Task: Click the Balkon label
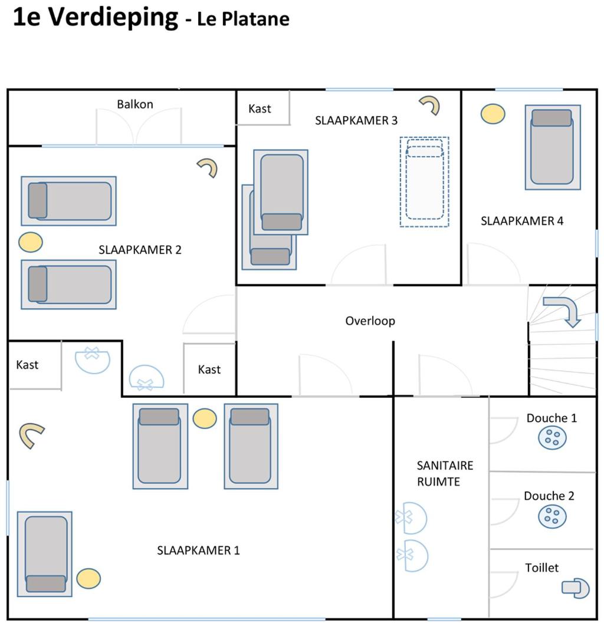tap(135, 104)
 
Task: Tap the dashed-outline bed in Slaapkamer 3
tap(424, 182)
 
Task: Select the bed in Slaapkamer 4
tap(552, 147)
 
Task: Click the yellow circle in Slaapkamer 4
tap(493, 114)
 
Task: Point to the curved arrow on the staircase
tap(564, 310)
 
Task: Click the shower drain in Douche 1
tap(552, 437)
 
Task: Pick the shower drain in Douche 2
tap(552, 516)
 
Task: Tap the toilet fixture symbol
tap(575, 588)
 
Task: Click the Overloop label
tap(370, 321)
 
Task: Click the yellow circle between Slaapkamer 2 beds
tap(31, 242)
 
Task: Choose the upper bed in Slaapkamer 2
tap(68, 201)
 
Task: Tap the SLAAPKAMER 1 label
tap(198, 550)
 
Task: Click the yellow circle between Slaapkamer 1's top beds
tap(205, 418)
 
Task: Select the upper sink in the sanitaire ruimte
tap(412, 517)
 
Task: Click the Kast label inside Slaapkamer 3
tap(260, 108)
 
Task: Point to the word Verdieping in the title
tap(113, 18)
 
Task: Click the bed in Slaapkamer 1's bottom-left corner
tap(45, 554)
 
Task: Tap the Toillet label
tap(541, 568)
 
